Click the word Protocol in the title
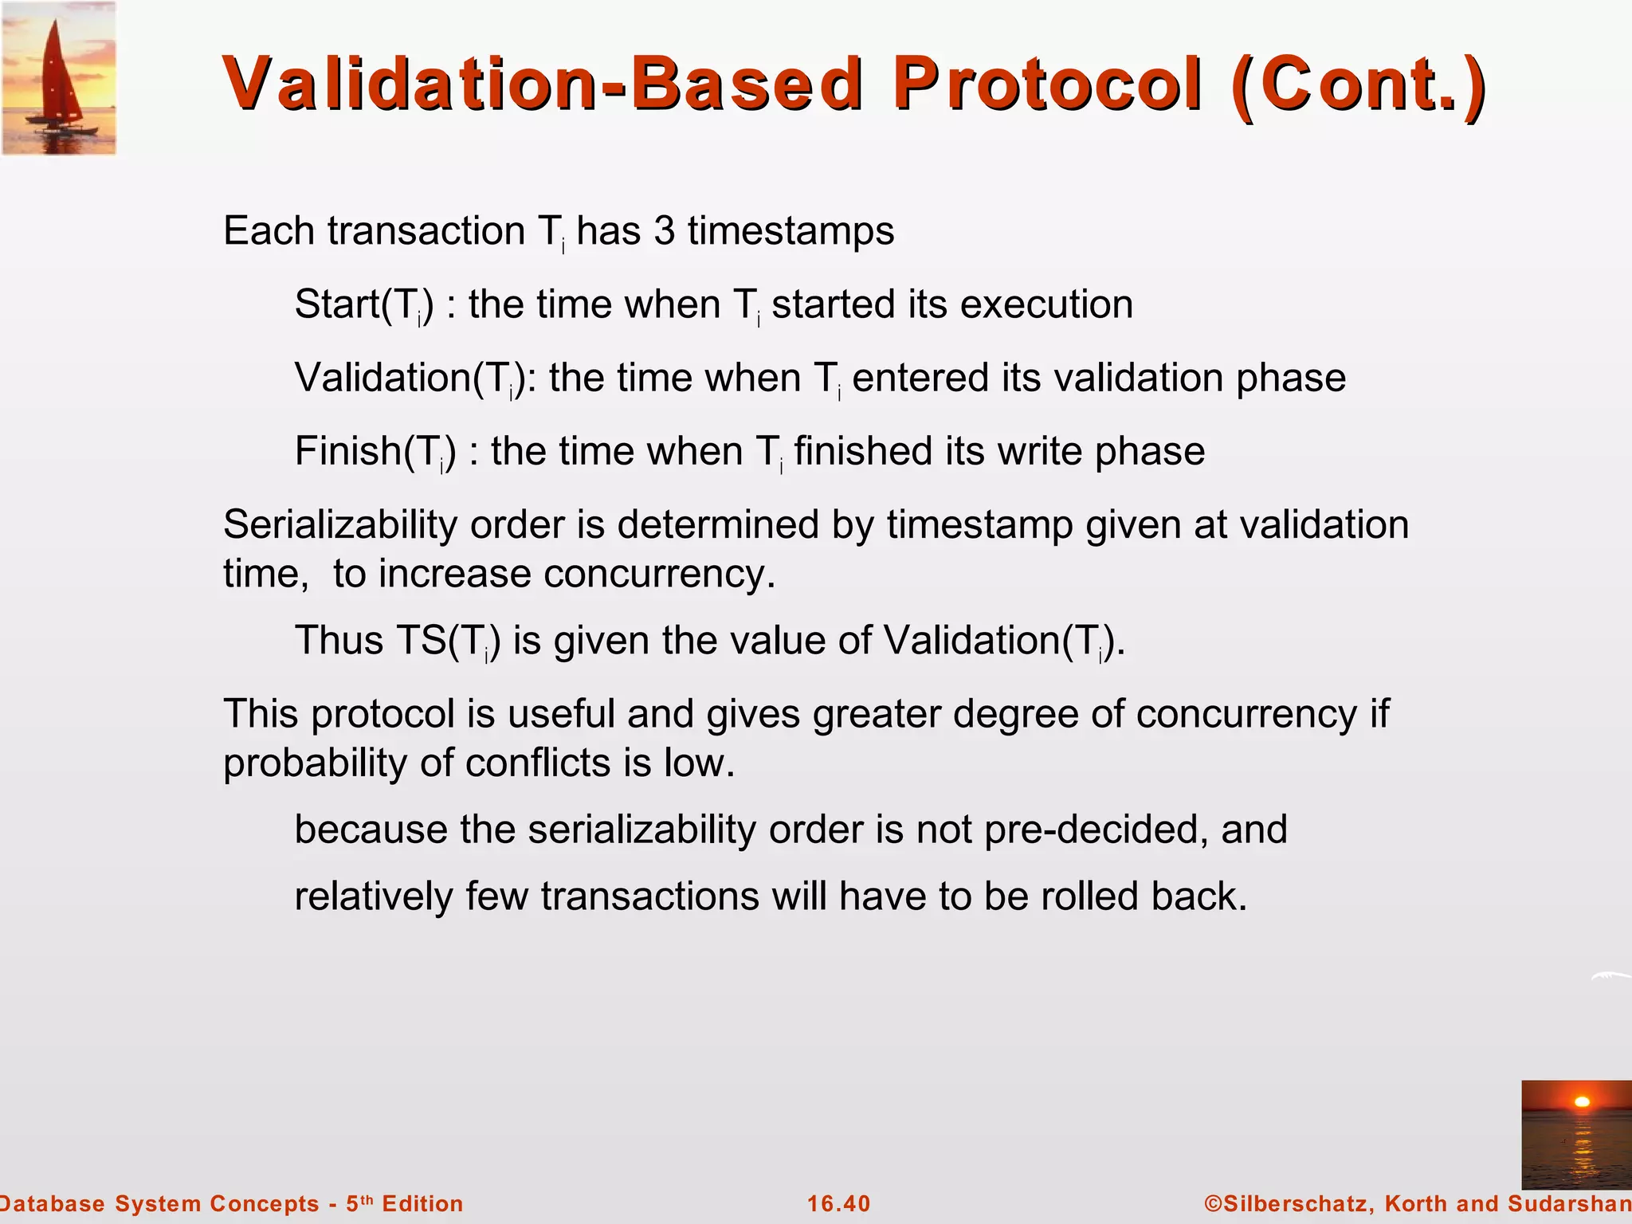1046,85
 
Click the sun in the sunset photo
1583,1102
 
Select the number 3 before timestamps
664,232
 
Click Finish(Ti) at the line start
375,452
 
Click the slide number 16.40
838,1204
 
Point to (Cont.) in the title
1358,85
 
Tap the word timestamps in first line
790,232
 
